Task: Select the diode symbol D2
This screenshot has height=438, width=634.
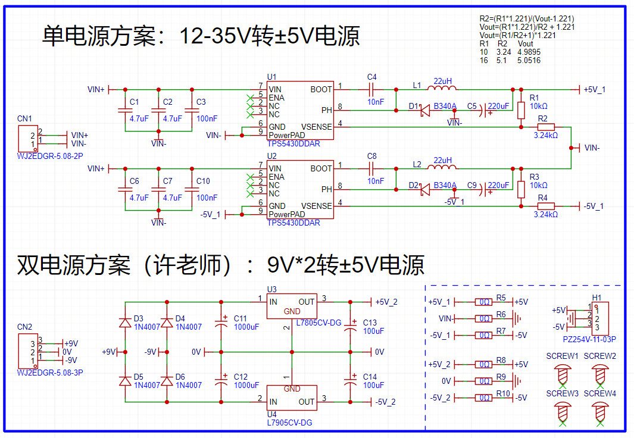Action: point(424,190)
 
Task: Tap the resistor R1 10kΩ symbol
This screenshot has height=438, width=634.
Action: point(521,110)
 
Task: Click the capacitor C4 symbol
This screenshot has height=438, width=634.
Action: point(371,89)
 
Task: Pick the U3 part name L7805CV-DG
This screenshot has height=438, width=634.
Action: point(318,323)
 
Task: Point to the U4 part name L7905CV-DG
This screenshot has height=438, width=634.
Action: point(289,423)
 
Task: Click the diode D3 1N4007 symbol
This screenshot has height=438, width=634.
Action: point(125,323)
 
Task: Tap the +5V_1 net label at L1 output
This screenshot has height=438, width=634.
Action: point(595,89)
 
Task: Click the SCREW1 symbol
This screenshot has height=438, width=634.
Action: point(562,375)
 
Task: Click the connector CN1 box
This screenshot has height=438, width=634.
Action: point(27,139)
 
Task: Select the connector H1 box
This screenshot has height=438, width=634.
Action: point(599,318)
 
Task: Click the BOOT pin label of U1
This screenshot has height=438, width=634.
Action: point(321,89)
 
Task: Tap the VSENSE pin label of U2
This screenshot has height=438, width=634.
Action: point(317,206)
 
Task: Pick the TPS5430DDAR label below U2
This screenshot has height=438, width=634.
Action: point(293,223)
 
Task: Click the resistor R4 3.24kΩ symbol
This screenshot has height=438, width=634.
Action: point(546,206)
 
